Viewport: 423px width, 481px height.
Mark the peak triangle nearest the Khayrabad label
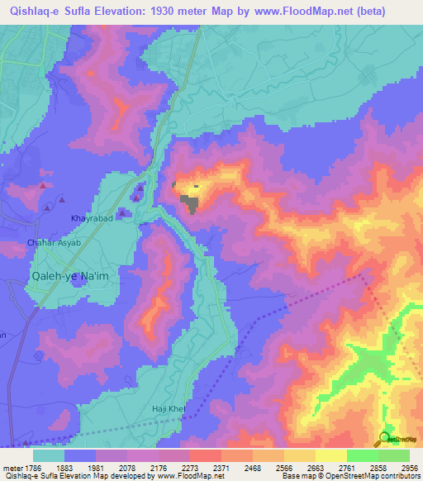[x=122, y=213]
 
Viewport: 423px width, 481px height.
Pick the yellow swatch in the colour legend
[x=330, y=455]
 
